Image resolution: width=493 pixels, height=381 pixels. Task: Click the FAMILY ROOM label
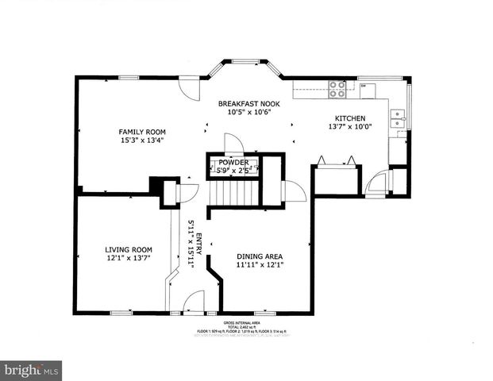142,132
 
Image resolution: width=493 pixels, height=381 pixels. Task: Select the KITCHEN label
349,118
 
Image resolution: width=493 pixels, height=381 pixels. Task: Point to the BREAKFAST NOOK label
249,103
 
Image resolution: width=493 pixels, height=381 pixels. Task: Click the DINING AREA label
260,256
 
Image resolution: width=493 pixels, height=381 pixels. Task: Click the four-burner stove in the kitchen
337,88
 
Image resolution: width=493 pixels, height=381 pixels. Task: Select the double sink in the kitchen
396,118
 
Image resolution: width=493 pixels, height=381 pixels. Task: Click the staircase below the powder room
233,193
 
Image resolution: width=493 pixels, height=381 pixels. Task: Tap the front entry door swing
193,302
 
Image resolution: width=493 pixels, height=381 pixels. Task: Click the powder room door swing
233,144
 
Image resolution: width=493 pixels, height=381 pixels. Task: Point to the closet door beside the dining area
294,191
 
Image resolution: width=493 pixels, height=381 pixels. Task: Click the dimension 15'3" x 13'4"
142,142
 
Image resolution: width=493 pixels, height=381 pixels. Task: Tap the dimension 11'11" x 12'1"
260,266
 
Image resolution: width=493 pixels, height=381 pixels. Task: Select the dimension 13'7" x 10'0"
349,128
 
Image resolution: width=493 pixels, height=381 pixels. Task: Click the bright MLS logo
31,370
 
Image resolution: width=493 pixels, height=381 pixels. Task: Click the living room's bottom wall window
121,313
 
